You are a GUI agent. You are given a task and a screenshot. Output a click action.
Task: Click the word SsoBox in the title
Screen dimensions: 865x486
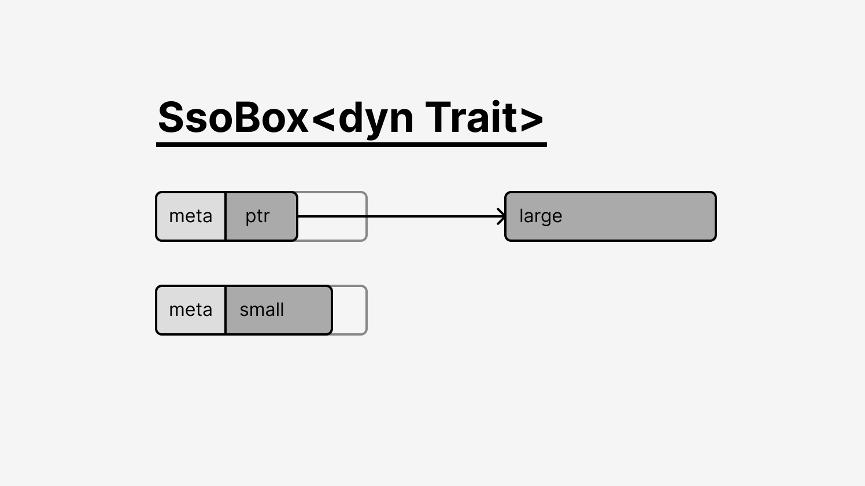coord(233,117)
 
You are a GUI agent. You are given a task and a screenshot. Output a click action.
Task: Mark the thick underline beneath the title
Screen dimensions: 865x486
coord(352,145)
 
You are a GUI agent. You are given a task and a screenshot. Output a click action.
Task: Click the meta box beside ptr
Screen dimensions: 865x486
coord(190,216)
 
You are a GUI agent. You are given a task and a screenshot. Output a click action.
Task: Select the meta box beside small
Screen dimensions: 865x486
coord(190,310)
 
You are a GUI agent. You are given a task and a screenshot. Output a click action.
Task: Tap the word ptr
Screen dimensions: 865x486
coord(257,217)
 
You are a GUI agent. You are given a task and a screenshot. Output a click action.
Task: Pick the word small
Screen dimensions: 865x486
coord(262,310)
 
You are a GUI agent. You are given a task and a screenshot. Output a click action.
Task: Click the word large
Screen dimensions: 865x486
coord(541,217)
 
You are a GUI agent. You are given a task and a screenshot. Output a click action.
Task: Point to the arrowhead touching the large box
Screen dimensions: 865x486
coord(502,216)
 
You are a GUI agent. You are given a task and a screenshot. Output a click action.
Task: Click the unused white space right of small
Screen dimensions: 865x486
coord(349,310)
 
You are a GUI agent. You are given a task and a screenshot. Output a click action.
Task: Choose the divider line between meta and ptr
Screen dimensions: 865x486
coord(226,216)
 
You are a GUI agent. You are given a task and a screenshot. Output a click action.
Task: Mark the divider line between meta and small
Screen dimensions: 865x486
coord(226,310)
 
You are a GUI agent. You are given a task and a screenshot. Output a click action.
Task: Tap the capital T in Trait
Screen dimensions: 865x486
coord(438,117)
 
